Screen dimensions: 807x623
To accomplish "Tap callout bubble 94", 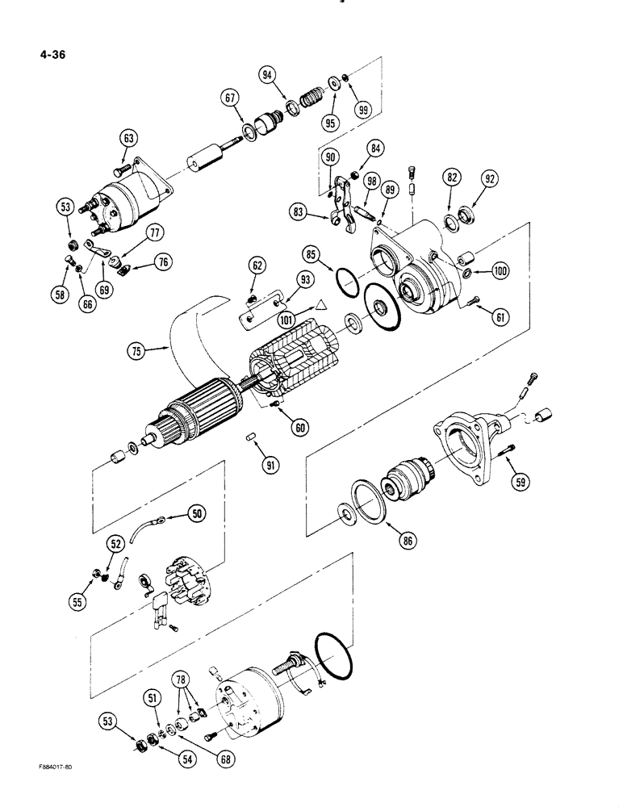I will click(268, 75).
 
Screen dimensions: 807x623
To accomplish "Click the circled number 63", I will click(128, 138).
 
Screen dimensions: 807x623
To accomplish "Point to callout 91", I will click(271, 466).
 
